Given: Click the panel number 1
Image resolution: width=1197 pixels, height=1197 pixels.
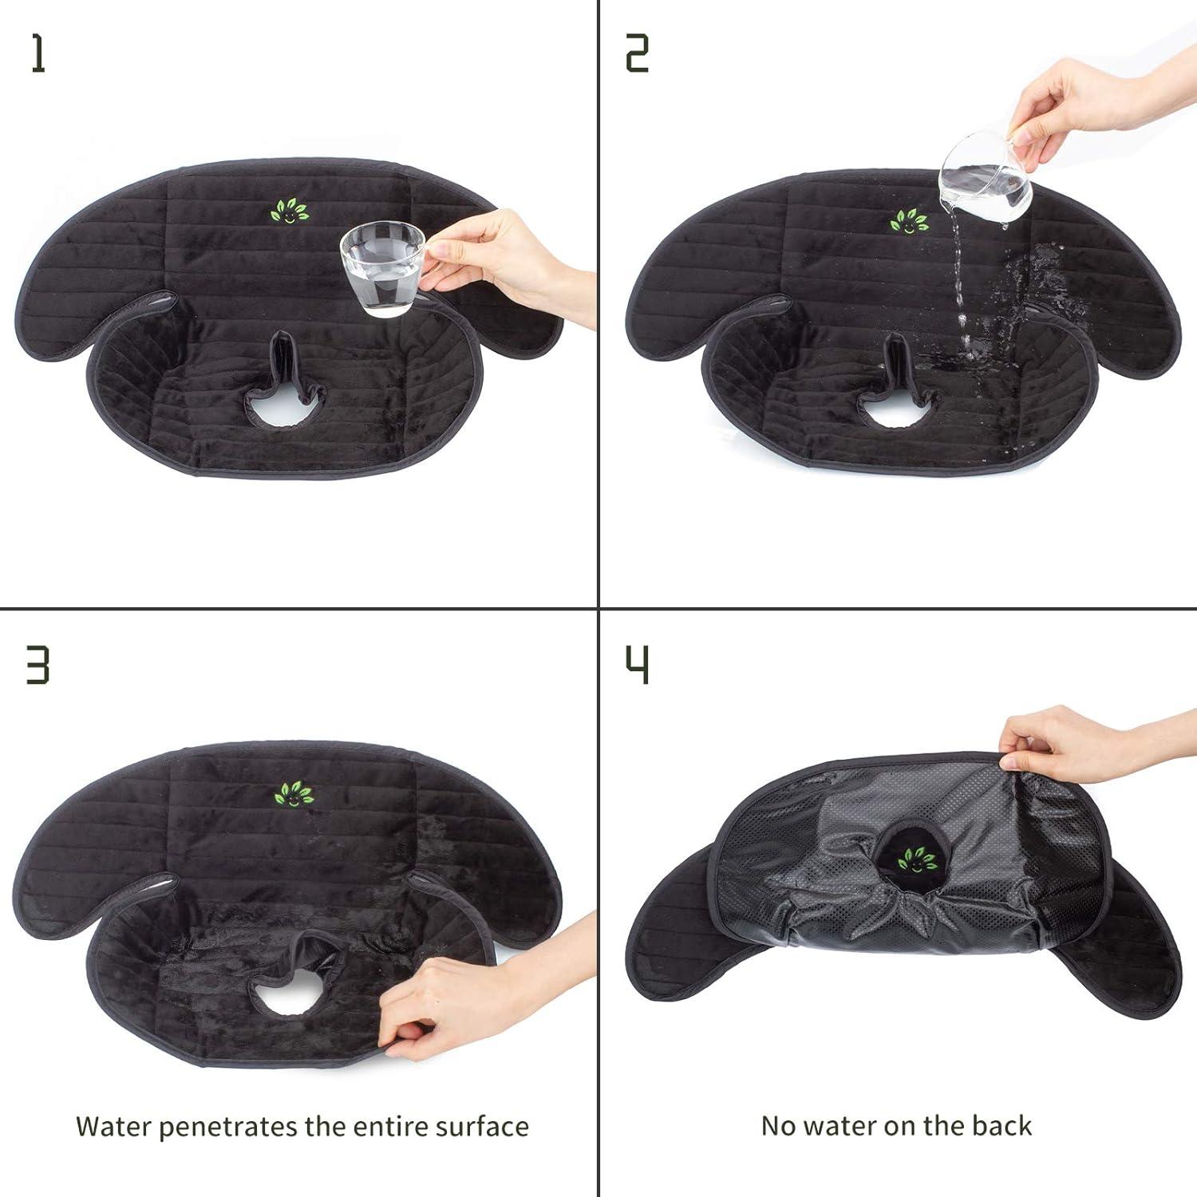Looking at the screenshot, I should [x=38, y=54].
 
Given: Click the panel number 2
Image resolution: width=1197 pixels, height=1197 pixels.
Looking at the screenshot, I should [x=636, y=54].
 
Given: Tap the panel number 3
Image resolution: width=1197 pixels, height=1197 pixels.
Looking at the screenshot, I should [x=38, y=665].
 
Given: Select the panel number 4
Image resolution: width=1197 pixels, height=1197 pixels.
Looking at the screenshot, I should [x=636, y=665].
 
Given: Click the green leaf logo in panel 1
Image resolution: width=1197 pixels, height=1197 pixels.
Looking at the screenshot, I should [x=289, y=211].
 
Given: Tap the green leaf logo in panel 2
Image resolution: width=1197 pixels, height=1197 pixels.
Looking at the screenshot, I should [x=909, y=220].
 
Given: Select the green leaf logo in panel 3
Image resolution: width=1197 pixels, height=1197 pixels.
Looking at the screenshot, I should [x=294, y=793].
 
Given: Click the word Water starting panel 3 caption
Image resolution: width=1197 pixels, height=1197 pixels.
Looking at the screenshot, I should [x=113, y=1126].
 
